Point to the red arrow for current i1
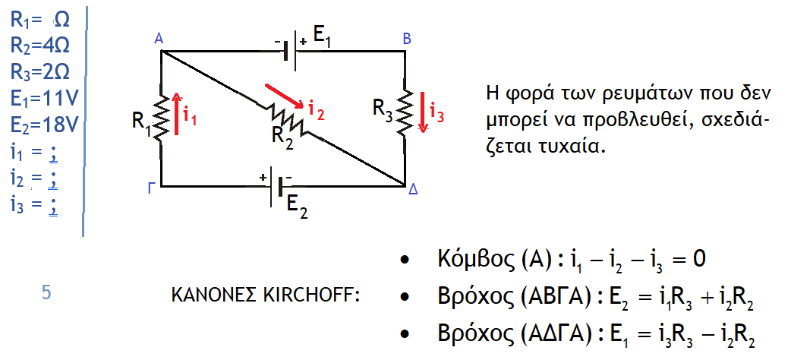pos(177,114)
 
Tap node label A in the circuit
pos(158,38)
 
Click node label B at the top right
pos(407,38)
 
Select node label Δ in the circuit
pos(413,191)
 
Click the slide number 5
pos(46,292)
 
